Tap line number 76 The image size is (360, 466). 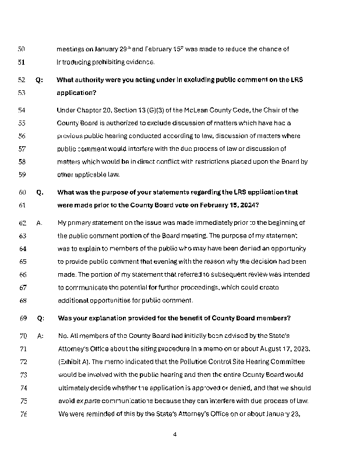coord(23,414)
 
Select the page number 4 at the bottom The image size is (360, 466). coord(175,435)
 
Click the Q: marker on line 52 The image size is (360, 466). coord(39,80)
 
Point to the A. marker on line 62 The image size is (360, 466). coord(39,223)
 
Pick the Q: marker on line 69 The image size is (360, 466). coord(40,318)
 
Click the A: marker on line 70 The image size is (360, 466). coord(40,336)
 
